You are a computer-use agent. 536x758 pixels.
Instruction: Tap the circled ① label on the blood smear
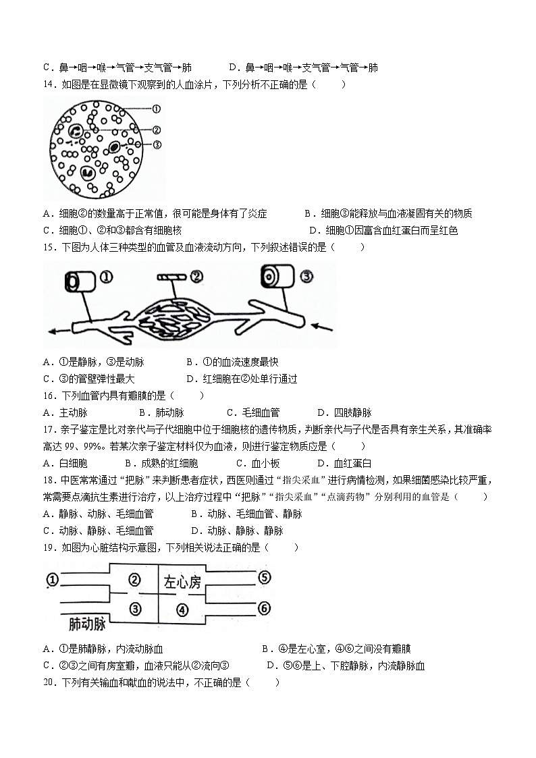156,109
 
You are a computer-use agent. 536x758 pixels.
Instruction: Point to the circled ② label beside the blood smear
156,130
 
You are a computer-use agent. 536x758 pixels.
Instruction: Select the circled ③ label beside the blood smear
156,145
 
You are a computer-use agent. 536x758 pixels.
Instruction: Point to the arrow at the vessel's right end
322,329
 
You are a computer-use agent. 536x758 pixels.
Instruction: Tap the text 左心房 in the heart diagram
182,582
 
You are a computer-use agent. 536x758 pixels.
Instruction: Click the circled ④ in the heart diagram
182,610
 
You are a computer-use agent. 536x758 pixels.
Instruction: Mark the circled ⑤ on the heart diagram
264,577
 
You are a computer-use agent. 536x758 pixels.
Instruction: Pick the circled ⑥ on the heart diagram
264,608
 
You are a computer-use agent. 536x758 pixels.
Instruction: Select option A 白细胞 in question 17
65,463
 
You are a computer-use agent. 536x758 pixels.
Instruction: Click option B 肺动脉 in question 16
161,412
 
